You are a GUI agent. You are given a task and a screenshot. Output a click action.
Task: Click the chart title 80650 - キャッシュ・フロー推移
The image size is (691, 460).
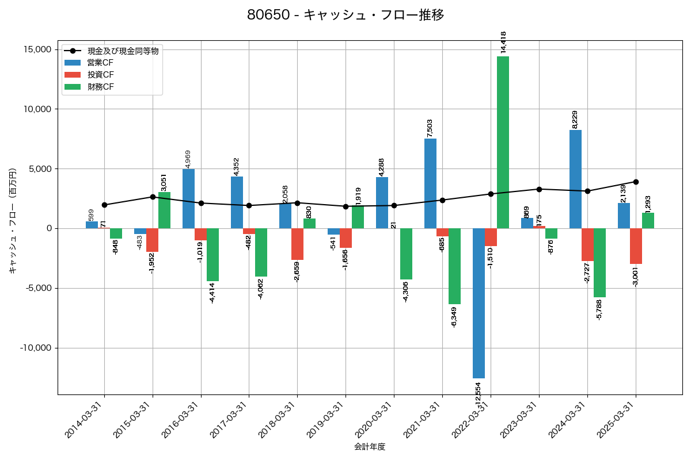(345, 15)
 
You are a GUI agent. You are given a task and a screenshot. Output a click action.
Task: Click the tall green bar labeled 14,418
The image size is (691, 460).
(503, 142)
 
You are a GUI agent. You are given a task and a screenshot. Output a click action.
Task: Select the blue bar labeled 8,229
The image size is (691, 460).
(575, 179)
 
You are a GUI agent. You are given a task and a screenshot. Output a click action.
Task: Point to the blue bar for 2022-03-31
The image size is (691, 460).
(479, 303)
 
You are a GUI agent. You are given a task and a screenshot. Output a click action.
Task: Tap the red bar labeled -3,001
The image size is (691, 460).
(636, 246)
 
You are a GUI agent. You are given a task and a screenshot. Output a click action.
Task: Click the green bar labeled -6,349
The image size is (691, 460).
(454, 266)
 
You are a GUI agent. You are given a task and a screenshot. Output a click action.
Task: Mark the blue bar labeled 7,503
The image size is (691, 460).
(430, 183)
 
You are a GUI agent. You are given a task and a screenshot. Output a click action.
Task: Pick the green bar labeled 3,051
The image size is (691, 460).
(164, 210)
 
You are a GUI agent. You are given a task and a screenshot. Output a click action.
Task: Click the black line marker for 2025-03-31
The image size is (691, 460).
(636, 182)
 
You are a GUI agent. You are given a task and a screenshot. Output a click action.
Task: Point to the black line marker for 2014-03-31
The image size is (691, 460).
(104, 205)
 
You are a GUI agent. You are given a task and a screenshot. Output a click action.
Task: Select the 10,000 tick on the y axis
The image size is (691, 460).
(36, 109)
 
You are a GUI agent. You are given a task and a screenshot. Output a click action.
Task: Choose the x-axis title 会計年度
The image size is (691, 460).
(370, 447)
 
